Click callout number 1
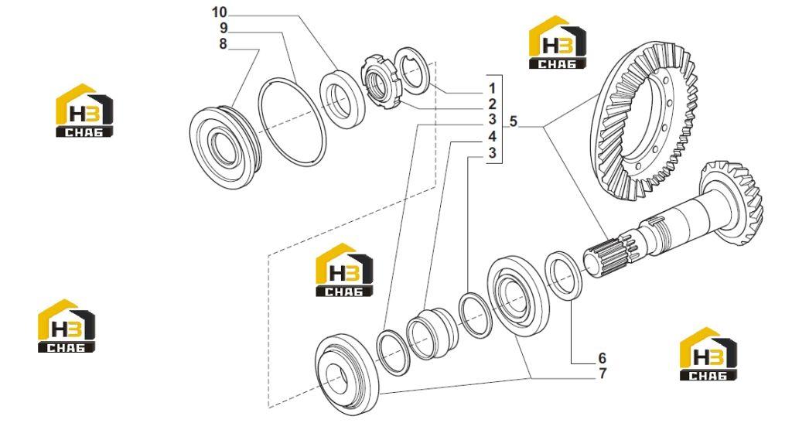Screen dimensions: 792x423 click(492, 90)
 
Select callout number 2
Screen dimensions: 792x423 click(492, 105)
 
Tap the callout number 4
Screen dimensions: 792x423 click(492, 137)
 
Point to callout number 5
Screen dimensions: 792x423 click(514, 121)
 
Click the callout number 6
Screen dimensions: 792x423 click(602, 358)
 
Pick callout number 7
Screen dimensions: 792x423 click(602, 374)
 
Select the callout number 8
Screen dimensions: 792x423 click(224, 44)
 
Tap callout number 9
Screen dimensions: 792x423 click(224, 28)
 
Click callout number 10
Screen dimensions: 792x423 click(220, 12)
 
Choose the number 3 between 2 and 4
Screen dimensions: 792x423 click(492, 121)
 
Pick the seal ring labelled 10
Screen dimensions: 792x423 click(342, 100)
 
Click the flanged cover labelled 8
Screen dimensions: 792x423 click(225, 146)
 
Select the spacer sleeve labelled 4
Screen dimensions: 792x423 click(432, 333)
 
